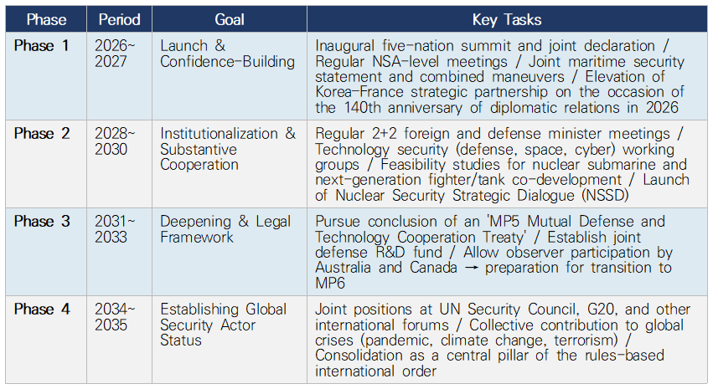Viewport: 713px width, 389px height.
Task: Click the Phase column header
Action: tap(46, 19)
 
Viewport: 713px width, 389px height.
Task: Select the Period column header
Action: tap(119, 19)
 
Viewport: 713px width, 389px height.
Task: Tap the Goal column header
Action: tap(230, 19)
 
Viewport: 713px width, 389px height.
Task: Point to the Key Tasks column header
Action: tap(507, 19)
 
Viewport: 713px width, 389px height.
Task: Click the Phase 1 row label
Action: tap(41, 45)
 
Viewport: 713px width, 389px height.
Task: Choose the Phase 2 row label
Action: tap(42, 134)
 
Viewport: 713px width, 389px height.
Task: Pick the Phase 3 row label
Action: tap(42, 221)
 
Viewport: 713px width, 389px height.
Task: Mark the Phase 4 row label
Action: tap(42, 310)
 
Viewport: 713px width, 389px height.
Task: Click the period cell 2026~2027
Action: tap(115, 53)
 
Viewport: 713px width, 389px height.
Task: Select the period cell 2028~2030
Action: tap(115, 141)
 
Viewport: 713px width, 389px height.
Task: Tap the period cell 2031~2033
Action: tap(115, 228)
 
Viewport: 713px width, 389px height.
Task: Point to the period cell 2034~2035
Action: tap(115, 317)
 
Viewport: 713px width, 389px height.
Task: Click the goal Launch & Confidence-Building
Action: tap(227, 53)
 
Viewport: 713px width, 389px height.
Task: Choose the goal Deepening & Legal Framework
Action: tap(225, 228)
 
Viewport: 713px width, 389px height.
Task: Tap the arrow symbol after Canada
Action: tap(471, 268)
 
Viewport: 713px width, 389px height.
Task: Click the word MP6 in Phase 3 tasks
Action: tap(330, 284)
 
